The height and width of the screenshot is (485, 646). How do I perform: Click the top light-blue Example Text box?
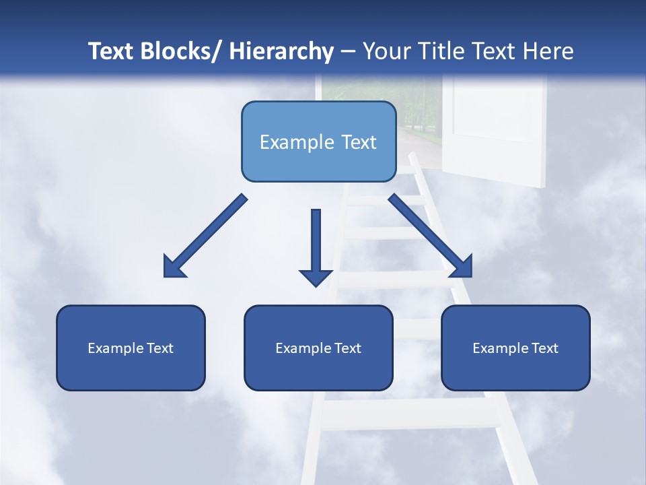318,141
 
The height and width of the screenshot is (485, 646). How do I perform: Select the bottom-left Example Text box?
131,348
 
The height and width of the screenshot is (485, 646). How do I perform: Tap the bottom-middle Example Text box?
318,348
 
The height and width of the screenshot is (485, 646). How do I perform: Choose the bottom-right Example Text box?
515,348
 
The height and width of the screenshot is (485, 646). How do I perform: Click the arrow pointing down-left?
205,236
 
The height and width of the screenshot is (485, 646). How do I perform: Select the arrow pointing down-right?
431,236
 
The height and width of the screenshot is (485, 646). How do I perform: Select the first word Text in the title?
111,51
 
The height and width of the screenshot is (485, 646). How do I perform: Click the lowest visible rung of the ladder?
410,414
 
